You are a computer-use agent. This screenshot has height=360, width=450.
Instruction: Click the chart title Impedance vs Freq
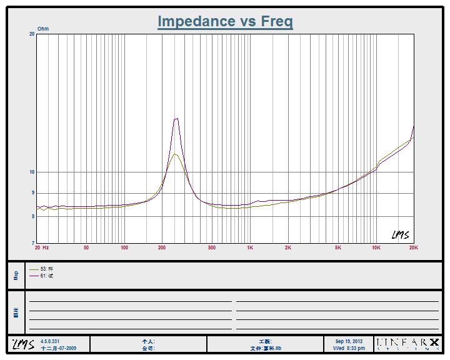coord(225,21)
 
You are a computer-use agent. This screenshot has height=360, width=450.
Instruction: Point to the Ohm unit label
coord(43,29)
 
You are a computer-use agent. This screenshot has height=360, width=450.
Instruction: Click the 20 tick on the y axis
coord(32,34)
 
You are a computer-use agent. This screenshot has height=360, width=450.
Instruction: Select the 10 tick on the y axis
coord(32,172)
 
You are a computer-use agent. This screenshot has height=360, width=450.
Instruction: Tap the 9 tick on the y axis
coord(33,193)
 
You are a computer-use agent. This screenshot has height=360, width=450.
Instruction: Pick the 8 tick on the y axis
coord(33,216)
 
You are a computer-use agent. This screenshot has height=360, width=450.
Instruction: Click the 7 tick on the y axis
coord(33,242)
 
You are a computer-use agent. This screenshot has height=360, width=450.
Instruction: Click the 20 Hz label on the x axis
coord(42,248)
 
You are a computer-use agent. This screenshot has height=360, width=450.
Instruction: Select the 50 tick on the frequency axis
coord(86,248)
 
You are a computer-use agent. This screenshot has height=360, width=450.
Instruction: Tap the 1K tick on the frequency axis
coord(250,248)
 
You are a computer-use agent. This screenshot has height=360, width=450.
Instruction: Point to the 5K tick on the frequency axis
coord(338,248)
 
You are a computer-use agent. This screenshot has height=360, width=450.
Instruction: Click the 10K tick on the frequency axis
coord(376,248)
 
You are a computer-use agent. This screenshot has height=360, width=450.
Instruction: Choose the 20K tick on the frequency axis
coord(413,248)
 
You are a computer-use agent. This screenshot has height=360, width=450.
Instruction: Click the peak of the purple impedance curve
coord(176,119)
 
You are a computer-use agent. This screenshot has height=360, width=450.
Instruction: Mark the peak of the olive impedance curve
coord(175,154)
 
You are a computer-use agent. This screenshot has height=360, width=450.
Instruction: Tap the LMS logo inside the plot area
coord(400,235)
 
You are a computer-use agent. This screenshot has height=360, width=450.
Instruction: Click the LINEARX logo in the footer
coord(407,344)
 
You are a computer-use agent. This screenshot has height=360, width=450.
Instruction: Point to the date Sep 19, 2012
coord(349,341)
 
